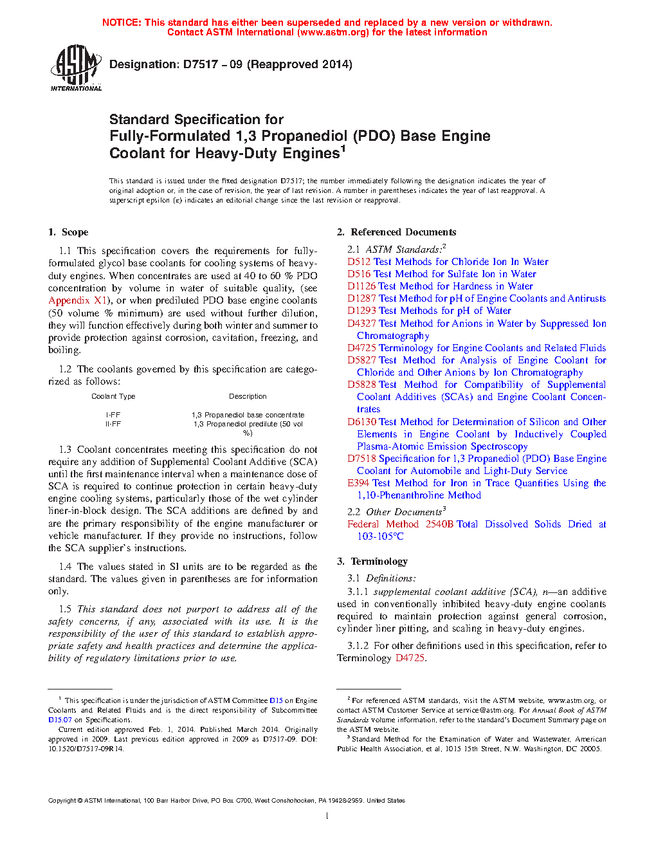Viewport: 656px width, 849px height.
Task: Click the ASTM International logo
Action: click(76, 68)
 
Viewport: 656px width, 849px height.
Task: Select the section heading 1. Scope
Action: click(68, 232)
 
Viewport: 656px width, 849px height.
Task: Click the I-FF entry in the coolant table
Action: click(113, 415)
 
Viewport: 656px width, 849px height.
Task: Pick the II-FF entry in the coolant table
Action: click(113, 424)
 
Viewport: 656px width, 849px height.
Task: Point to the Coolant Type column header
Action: click(113, 396)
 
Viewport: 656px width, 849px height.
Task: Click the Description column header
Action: click(248, 396)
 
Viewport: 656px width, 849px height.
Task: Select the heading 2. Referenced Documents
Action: click(397, 232)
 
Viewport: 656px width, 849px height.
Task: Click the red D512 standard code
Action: click(359, 262)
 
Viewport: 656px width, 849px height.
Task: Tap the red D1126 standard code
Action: click(361, 286)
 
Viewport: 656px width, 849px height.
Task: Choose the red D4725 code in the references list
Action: click(361, 348)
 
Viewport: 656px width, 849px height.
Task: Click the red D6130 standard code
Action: click(361, 422)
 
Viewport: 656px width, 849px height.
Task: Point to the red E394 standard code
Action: click(358, 483)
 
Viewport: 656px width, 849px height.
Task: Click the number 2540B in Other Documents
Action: click(439, 524)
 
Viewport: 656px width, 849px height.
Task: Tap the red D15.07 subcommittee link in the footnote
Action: click(60, 720)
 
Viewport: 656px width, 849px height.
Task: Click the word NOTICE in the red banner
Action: click(122, 23)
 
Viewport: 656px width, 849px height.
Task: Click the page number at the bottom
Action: click(327, 816)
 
